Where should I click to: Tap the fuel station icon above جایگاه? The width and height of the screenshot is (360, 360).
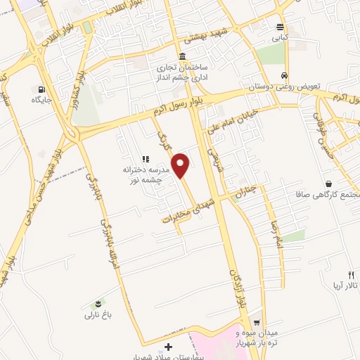point(42,90)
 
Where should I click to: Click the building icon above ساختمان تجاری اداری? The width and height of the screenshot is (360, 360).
point(182,56)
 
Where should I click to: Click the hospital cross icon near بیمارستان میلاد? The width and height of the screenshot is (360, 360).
point(167,347)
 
